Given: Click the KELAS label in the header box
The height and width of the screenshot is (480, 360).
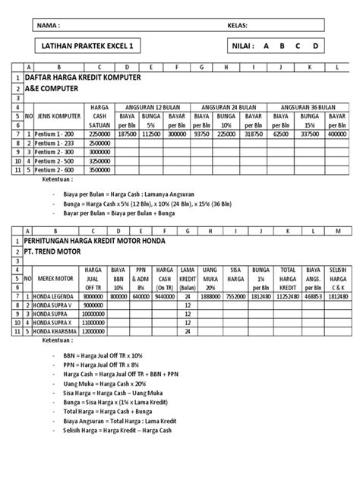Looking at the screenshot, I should pyautogui.click(x=238, y=24).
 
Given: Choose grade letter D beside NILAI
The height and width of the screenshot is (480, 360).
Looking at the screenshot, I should pyautogui.click(x=314, y=46).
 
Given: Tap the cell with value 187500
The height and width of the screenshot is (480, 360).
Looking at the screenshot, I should pyautogui.click(x=128, y=133).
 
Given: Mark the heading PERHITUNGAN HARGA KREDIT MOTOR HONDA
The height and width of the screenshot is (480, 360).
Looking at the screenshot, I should pyautogui.click(x=103, y=240).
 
